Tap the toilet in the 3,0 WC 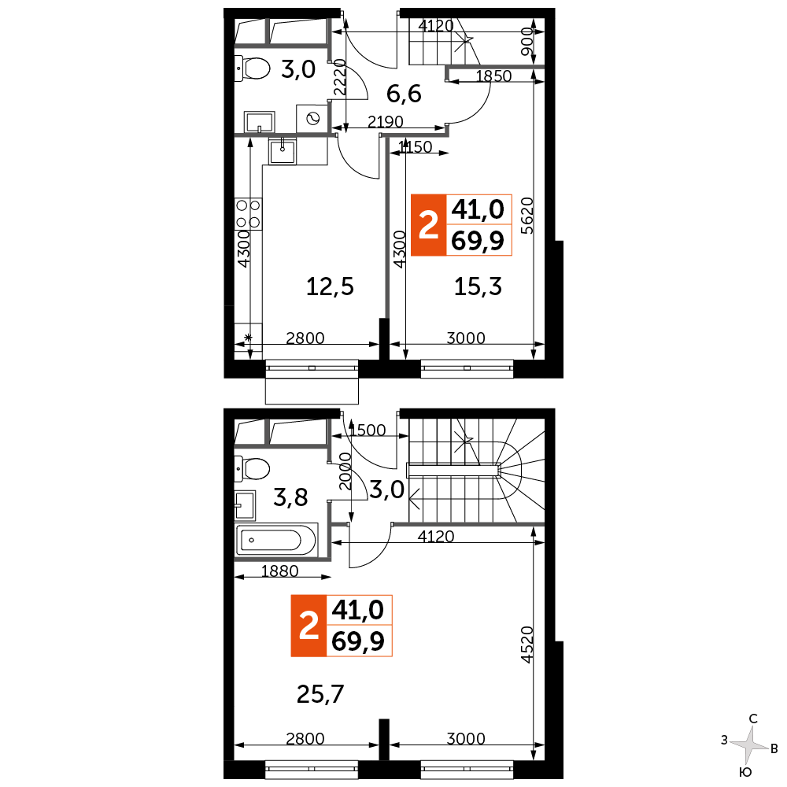252,68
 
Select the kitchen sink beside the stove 281,150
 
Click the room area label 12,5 330,287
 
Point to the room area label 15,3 478,287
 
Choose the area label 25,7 321,693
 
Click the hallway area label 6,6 405,94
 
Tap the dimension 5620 529,216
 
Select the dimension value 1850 494,76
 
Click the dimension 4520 529,645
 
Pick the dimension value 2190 385,122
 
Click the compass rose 751,743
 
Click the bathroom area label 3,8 290,497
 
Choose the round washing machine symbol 312,120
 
